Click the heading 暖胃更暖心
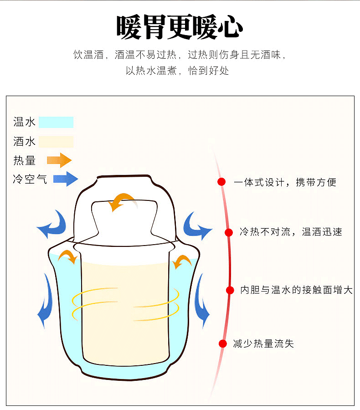point(180,27)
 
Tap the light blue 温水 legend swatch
point(56,122)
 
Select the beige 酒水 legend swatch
point(56,142)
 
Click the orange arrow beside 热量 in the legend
point(60,160)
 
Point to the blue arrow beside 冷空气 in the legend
point(66,179)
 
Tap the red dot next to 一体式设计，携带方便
point(221,182)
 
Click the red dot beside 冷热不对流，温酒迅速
point(229,232)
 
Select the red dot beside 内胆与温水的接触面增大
point(230,290)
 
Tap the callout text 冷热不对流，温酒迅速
point(291,232)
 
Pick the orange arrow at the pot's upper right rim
point(182,261)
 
